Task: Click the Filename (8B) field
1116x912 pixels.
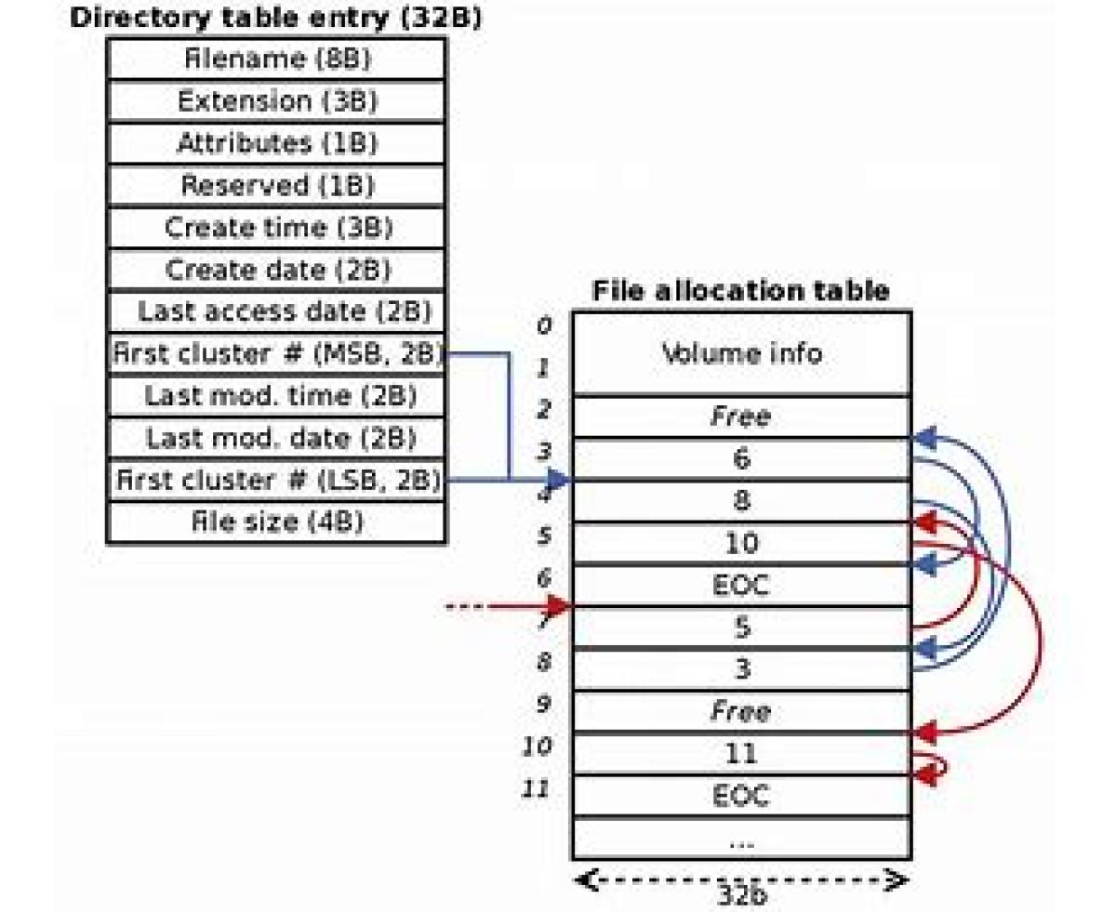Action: pyautogui.click(x=276, y=59)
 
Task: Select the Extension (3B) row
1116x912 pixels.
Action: pyautogui.click(x=276, y=101)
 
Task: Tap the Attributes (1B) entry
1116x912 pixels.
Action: pyautogui.click(x=276, y=143)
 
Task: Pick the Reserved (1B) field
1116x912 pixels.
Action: pyautogui.click(x=276, y=186)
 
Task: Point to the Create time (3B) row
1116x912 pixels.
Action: pyautogui.click(x=276, y=228)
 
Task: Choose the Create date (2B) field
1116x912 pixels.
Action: pyautogui.click(x=276, y=270)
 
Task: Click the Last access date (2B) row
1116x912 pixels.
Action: pyautogui.click(x=276, y=311)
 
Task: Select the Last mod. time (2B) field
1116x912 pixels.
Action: pyautogui.click(x=276, y=396)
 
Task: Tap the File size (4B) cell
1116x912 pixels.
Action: pyautogui.click(x=276, y=522)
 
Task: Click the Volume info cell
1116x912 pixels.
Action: pyautogui.click(x=741, y=353)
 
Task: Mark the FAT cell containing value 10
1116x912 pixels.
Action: pyautogui.click(x=741, y=543)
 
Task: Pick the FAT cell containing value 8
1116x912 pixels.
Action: pyautogui.click(x=741, y=501)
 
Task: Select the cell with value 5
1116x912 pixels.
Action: pyautogui.click(x=741, y=628)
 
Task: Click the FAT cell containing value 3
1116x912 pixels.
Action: pyautogui.click(x=741, y=669)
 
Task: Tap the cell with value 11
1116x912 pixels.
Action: pyautogui.click(x=741, y=754)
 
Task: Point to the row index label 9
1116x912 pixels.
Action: pyautogui.click(x=544, y=704)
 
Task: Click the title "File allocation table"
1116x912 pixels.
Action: pyautogui.click(x=740, y=291)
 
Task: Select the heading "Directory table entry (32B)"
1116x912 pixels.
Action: pyautogui.click(x=276, y=18)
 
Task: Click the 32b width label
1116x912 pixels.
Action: pyautogui.click(x=741, y=894)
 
